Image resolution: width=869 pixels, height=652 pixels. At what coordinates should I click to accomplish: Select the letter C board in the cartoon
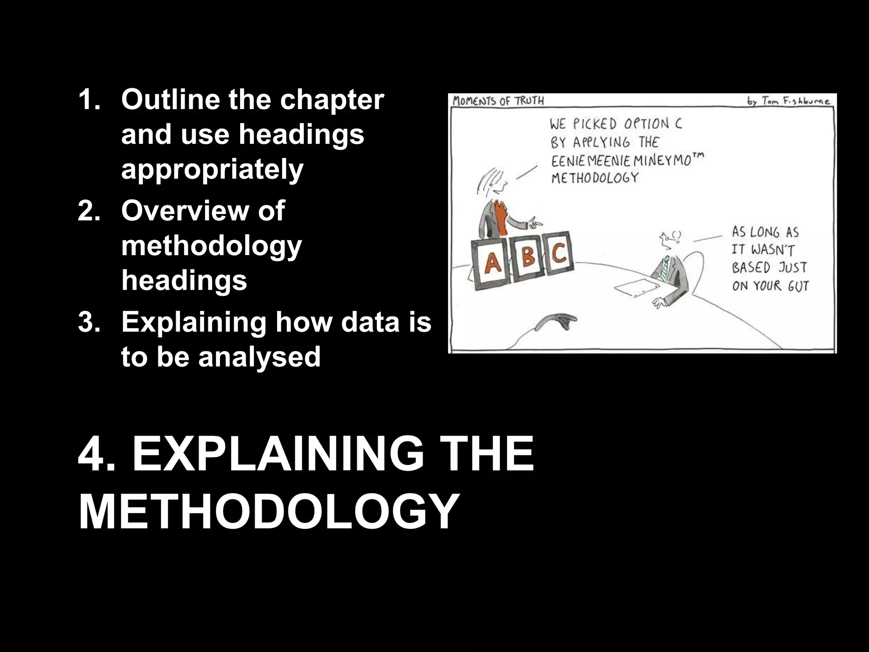(559, 253)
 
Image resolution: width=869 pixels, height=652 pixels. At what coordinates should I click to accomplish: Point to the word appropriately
(212, 170)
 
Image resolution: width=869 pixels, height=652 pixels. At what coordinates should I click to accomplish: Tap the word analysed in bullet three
(259, 357)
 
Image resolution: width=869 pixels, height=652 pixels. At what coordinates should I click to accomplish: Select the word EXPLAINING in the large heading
(278, 454)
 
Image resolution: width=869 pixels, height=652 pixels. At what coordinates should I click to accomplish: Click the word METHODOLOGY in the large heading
(269, 512)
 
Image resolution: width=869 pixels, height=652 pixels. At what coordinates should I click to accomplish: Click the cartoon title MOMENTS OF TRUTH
(498, 101)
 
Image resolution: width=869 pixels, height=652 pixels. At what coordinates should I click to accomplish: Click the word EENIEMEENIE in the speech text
(588, 162)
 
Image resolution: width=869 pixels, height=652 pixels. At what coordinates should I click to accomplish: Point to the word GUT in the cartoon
(798, 286)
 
